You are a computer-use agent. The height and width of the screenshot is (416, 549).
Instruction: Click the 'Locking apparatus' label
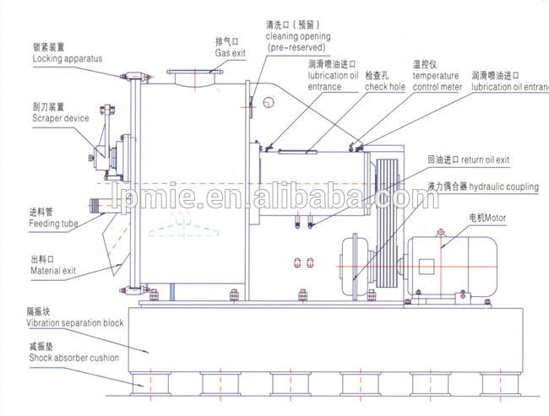point(67,58)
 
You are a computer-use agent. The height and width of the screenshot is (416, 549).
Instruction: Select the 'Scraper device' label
point(60,119)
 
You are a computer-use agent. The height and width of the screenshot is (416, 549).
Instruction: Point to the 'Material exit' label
point(53,271)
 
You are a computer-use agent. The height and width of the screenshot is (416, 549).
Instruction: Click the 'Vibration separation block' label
point(74,322)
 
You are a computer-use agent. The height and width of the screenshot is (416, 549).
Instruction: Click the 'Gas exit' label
point(228,52)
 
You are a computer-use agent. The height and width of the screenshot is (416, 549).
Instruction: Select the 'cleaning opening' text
point(297,36)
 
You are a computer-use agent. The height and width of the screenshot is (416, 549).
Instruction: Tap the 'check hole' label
point(385,86)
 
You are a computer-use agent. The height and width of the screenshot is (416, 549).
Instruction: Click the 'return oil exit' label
point(482,159)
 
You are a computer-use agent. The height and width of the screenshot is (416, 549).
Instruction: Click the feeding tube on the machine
point(101,205)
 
